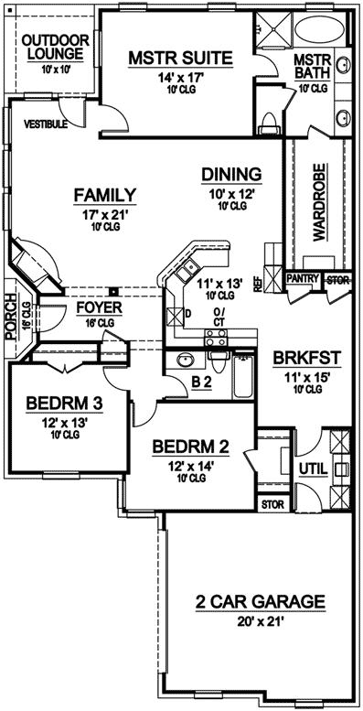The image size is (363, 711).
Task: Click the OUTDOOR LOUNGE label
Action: tap(55, 48)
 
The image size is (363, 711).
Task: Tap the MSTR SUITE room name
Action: tap(179, 59)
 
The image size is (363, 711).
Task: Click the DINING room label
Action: tap(232, 174)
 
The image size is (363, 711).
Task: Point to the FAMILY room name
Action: tap(105, 195)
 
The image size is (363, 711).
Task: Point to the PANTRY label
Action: tap(301, 277)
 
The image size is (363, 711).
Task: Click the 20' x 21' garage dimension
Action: tap(261, 622)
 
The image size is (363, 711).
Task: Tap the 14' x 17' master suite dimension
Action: tap(179, 79)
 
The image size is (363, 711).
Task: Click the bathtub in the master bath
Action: tap(321, 30)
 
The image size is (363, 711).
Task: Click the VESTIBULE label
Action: tap(46, 124)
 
